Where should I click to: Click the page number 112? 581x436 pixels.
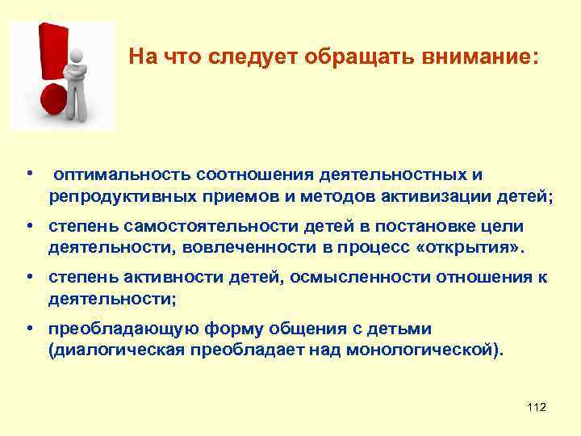(536, 408)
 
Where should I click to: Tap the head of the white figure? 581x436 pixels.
(77, 54)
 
